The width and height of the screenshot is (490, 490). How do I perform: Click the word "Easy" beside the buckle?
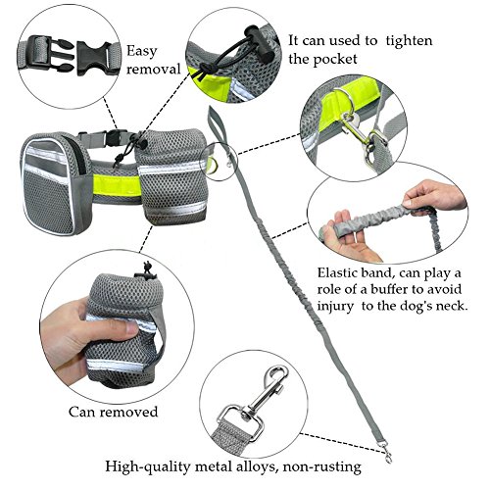(142, 52)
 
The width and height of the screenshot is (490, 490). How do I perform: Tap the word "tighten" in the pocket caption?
(409, 41)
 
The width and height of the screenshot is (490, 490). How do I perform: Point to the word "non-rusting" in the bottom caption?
(322, 466)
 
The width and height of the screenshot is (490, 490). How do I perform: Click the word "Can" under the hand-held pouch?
(81, 412)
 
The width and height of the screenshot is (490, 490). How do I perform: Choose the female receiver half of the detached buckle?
(94, 58)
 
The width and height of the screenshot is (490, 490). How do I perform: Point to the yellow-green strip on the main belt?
(115, 185)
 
